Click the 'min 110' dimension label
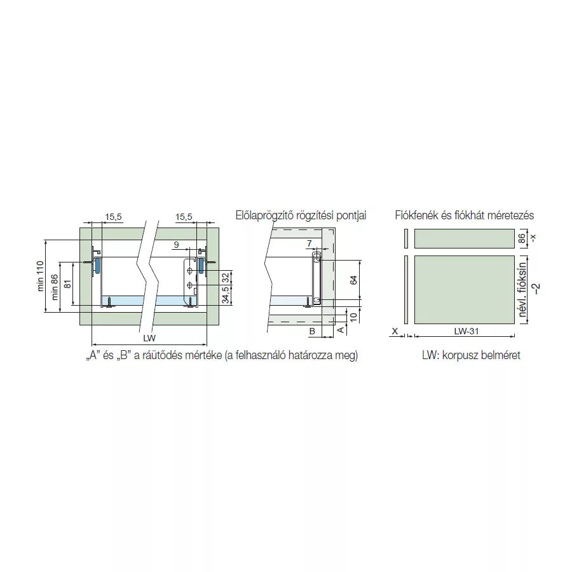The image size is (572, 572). point(40,276)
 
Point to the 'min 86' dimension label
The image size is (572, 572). point(55,287)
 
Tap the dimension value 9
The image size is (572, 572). point(176,245)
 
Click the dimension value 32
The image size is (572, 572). point(226,278)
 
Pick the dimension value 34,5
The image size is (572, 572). point(226,295)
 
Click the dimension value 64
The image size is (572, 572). point(353,280)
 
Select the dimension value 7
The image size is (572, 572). point(310,243)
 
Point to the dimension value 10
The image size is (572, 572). point(353,317)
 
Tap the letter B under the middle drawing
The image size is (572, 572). point(312,332)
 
